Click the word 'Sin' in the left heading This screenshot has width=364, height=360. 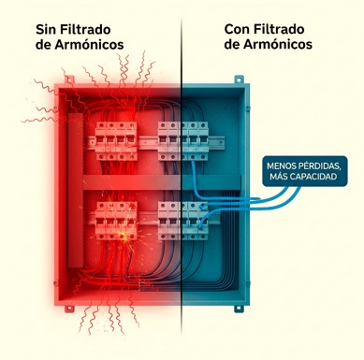48,28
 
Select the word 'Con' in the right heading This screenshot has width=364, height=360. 240,28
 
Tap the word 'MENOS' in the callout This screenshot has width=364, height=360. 284,166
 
